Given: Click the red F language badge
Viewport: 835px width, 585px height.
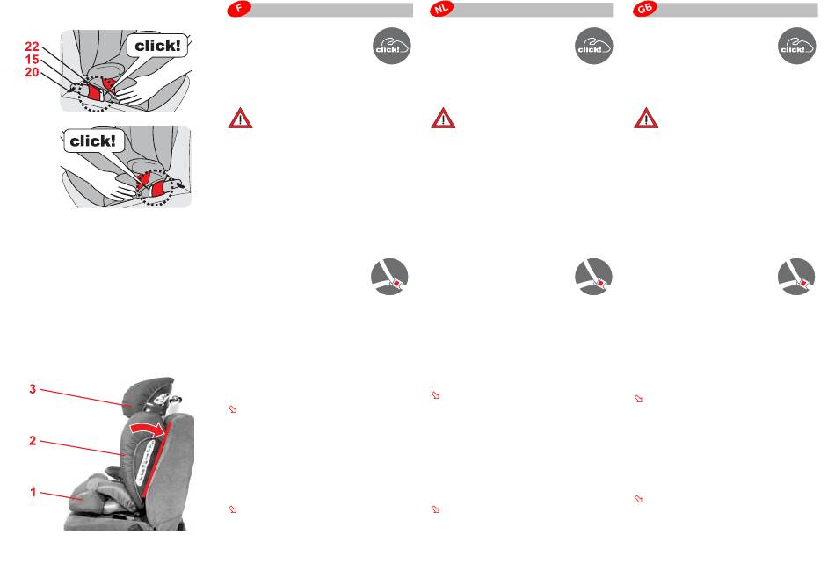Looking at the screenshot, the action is coord(239,9).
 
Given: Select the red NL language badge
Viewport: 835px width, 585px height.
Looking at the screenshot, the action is coord(442,9).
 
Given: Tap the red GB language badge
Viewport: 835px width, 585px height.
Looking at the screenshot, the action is coord(645,9).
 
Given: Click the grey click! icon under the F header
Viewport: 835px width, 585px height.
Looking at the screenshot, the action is coord(391,46).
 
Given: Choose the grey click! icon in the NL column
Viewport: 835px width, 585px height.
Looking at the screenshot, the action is coord(594,46).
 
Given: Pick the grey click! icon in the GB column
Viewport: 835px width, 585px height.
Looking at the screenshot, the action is coord(796,46).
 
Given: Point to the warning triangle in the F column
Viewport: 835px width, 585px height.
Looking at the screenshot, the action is coord(240,119).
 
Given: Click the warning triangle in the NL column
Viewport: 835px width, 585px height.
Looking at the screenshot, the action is coord(443,119).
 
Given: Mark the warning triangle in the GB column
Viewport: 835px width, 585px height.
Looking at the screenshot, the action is coord(646,119).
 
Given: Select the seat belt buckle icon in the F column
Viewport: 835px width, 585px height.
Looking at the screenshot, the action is coord(389,277).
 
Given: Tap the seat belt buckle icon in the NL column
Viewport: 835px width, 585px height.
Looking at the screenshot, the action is coord(594,277).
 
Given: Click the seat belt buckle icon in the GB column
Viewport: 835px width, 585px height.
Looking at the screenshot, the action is coord(796,277).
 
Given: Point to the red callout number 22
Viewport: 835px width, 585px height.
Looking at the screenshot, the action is coord(32,47).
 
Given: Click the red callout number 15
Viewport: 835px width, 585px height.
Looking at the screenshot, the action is coord(32,60).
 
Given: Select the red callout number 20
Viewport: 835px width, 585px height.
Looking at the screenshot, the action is coord(32,72).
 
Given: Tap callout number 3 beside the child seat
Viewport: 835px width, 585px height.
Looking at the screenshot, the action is coord(33,389).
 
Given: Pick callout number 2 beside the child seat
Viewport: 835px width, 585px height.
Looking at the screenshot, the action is coord(33,441).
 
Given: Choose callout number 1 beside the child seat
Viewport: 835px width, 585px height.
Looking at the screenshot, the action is coord(33,492).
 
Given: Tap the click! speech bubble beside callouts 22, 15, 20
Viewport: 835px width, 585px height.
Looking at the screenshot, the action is coord(157,46).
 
